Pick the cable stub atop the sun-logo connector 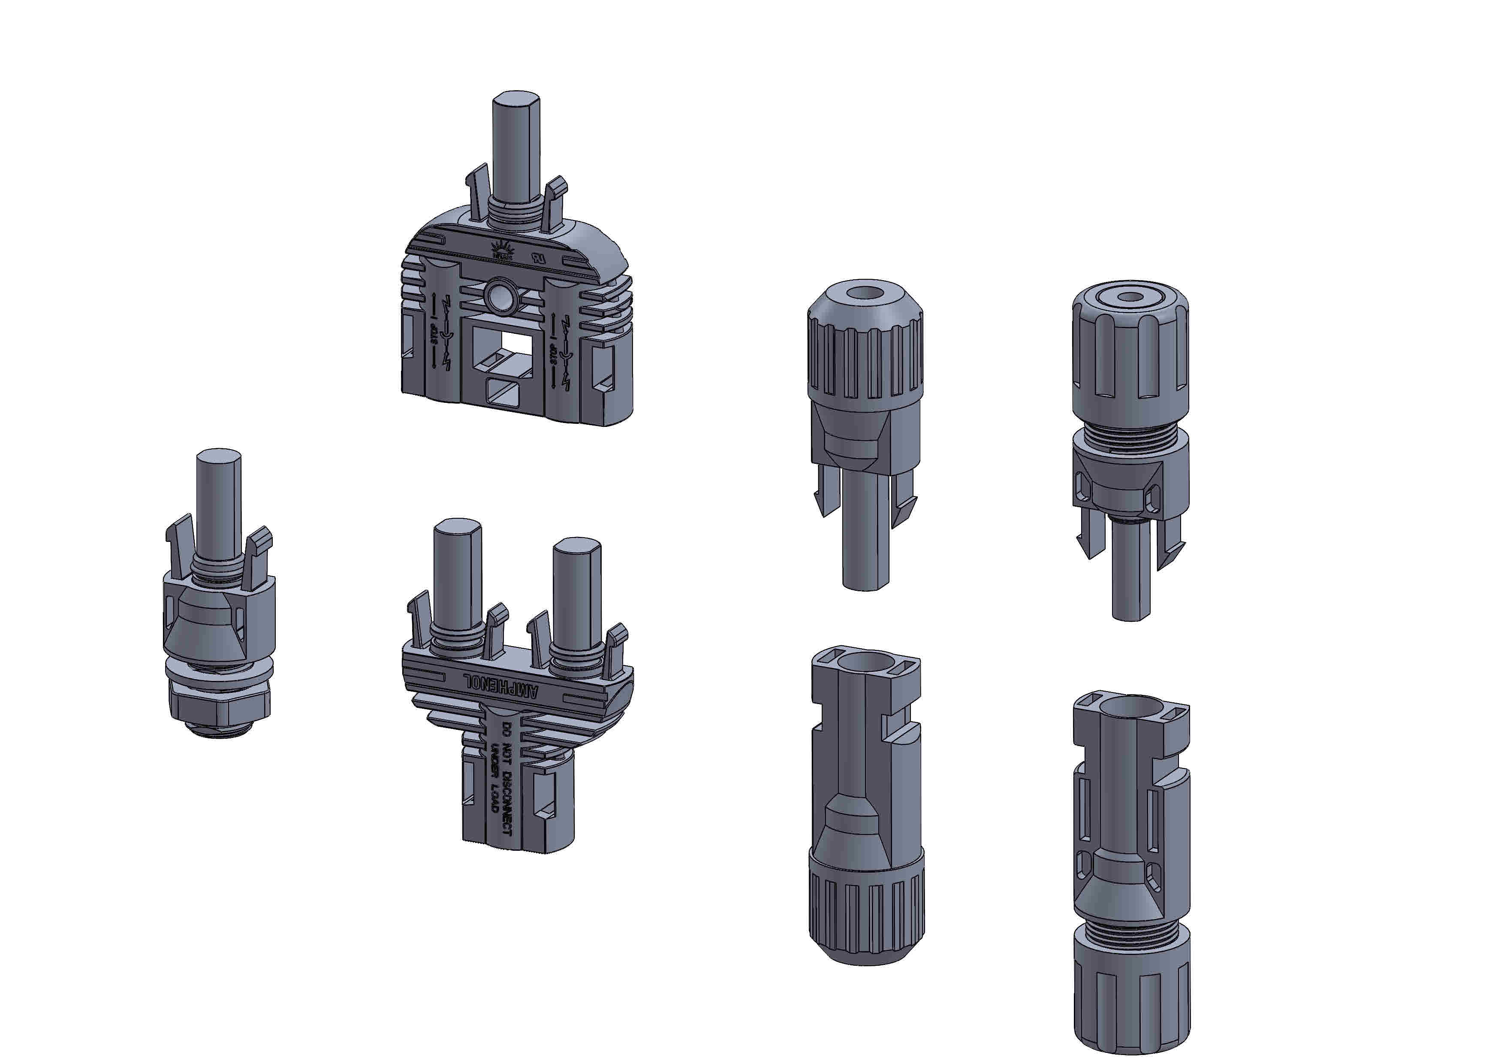pos(516,151)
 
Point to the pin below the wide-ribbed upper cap pos(1131,570)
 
